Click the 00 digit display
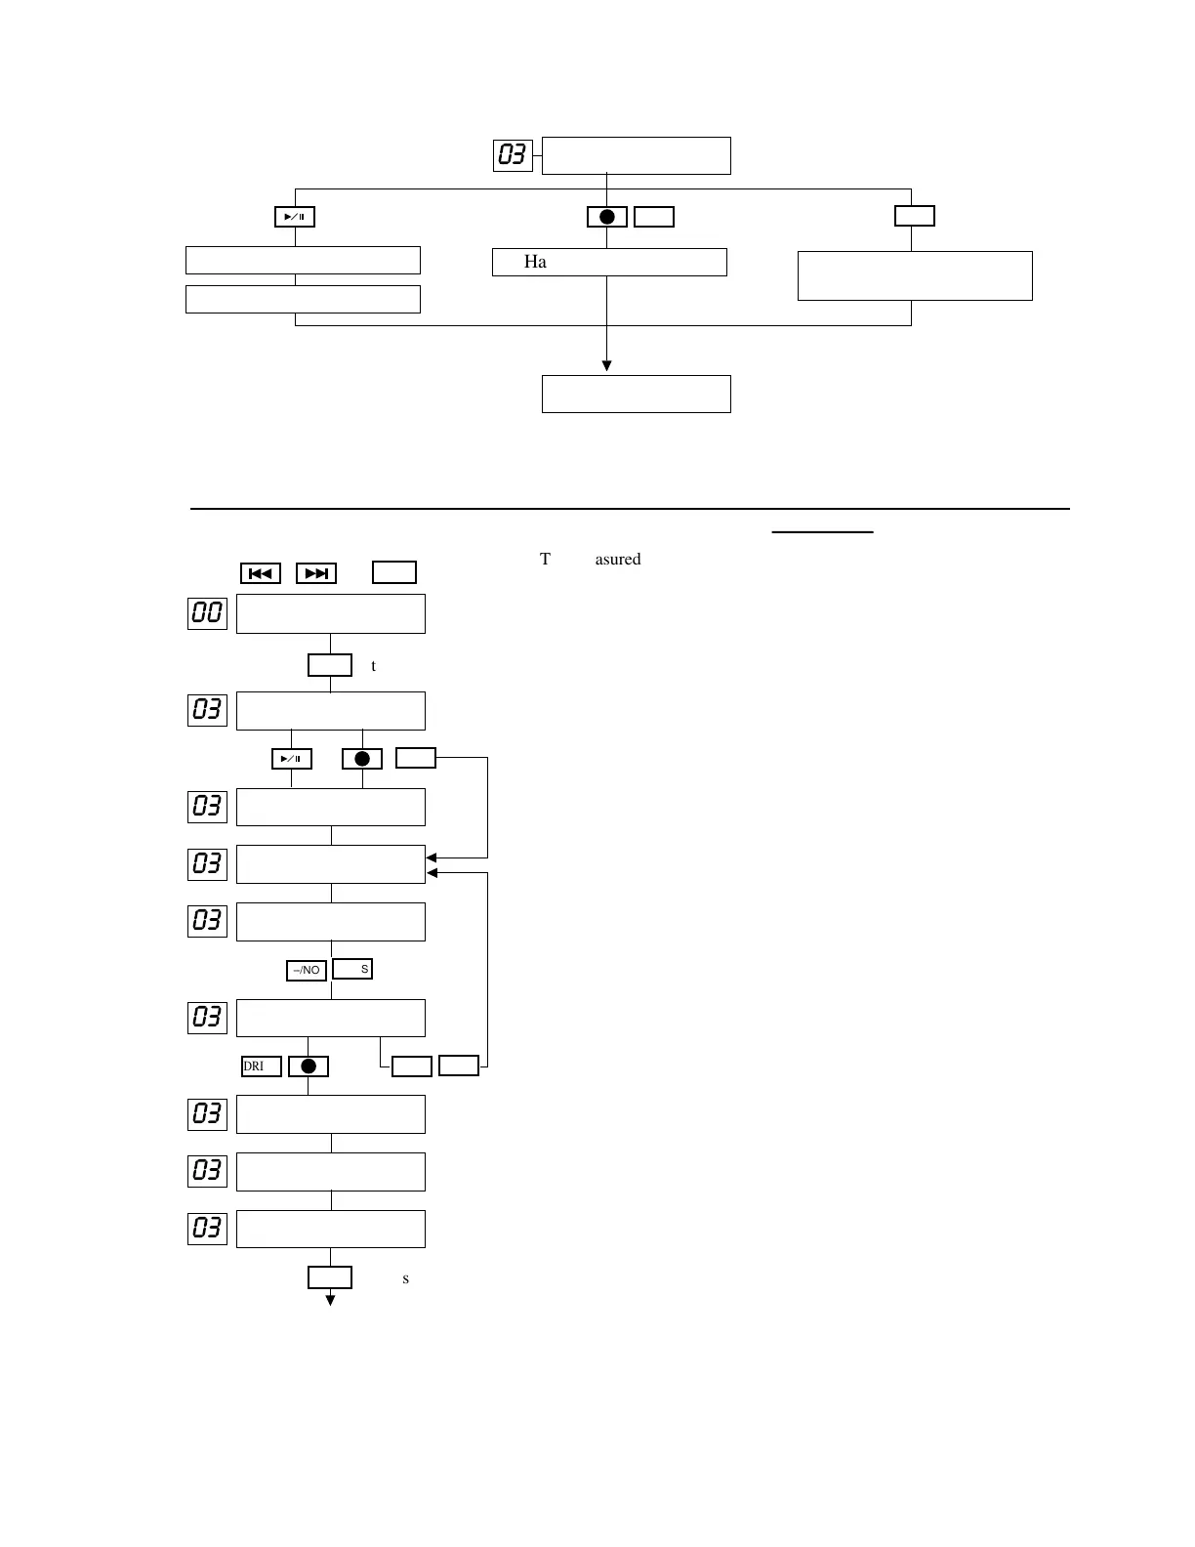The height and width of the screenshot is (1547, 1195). (207, 613)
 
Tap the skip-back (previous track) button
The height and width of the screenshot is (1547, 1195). (261, 573)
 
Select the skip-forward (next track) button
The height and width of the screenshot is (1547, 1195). (316, 573)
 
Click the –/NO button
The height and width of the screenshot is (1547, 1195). (307, 970)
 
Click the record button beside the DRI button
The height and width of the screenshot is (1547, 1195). (309, 1066)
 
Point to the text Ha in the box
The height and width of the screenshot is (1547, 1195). (535, 262)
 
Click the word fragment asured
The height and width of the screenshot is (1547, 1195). (617, 560)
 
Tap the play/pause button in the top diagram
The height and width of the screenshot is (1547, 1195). (295, 217)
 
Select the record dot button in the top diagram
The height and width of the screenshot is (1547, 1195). (607, 217)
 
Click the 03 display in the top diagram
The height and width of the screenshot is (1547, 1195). (513, 155)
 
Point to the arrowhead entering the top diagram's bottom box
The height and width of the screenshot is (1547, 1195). (607, 366)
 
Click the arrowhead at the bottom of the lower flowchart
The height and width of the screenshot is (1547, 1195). (331, 1300)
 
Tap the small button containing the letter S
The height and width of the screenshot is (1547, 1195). (352, 969)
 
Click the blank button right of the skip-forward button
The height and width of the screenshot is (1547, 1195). (394, 572)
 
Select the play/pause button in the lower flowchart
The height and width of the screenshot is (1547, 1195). (291, 759)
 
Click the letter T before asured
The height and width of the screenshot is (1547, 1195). (546, 560)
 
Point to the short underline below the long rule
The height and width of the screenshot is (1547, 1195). (822, 532)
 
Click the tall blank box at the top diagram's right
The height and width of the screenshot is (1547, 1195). (915, 275)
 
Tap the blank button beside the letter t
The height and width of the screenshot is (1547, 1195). (330, 665)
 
